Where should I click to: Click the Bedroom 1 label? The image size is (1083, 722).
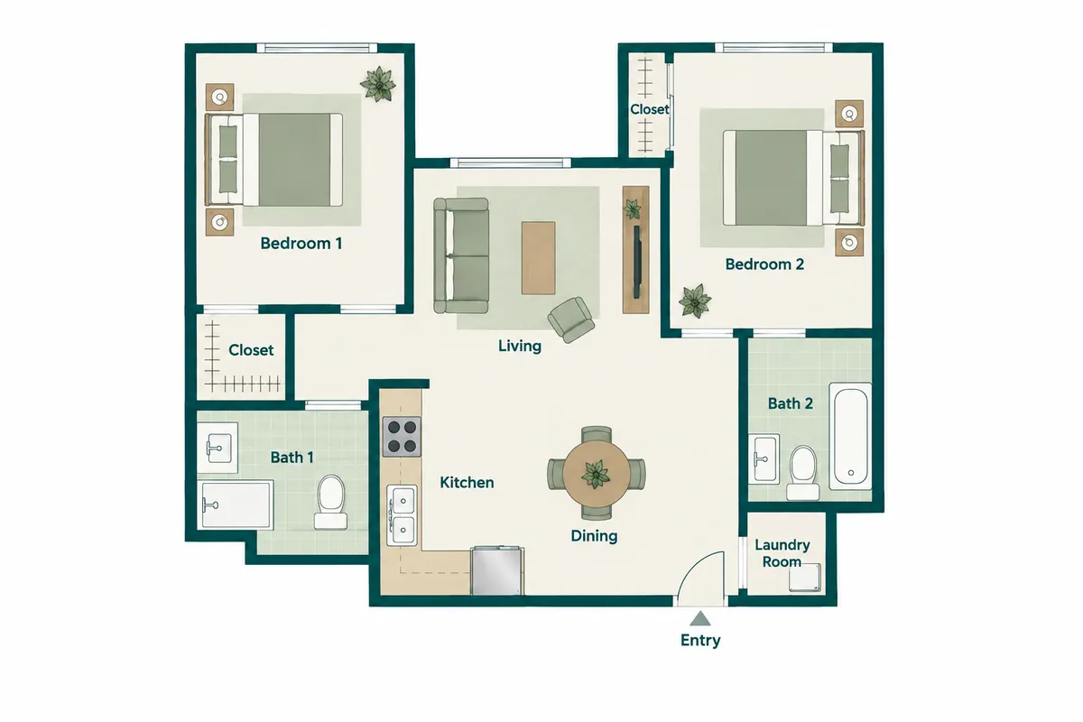tap(301, 244)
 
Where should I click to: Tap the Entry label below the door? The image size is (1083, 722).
tap(700, 640)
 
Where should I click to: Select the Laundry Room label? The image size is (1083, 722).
tap(782, 553)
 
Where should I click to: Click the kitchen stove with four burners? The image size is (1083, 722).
tap(402, 437)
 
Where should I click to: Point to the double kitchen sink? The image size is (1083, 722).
tap(403, 516)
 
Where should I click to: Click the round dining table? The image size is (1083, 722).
tap(597, 474)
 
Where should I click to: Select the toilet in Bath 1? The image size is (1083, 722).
tap(330, 503)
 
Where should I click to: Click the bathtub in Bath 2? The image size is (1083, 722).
tap(850, 436)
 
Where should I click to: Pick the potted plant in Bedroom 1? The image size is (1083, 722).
tap(378, 84)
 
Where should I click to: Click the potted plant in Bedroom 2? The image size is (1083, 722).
tap(695, 301)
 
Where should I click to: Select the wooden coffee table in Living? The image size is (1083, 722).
tap(538, 258)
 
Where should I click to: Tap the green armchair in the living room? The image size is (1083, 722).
tap(571, 319)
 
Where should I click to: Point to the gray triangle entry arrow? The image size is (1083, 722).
tap(700, 618)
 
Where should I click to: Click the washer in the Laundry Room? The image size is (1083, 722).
tap(805, 578)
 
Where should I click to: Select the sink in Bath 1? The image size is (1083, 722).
tap(218, 448)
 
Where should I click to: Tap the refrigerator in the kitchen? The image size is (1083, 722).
tap(497, 570)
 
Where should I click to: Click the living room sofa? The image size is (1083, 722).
tap(461, 255)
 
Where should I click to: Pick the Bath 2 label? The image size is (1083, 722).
tap(791, 403)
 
